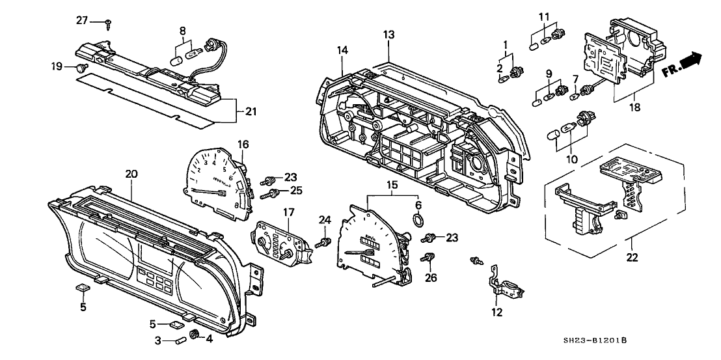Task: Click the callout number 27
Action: point(82,21)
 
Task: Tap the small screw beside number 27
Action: point(108,23)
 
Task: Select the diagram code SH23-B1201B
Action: point(599,340)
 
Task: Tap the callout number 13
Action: point(388,34)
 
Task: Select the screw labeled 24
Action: point(320,243)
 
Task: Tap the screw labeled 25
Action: point(267,193)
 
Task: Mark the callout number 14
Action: point(343,49)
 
